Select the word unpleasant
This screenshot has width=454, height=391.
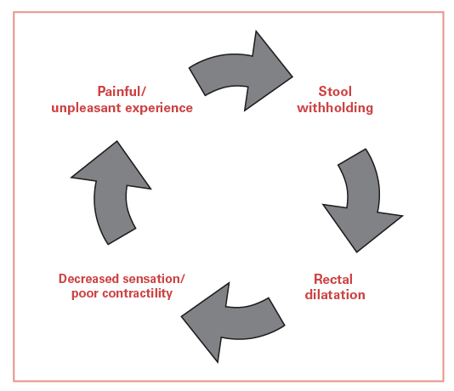[x=94, y=109]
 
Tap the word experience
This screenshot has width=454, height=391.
[x=162, y=109]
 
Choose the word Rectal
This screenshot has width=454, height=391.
[x=332, y=279]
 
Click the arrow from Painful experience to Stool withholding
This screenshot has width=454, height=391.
[x=238, y=68]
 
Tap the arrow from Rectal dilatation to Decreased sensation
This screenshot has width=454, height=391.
[x=234, y=320]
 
